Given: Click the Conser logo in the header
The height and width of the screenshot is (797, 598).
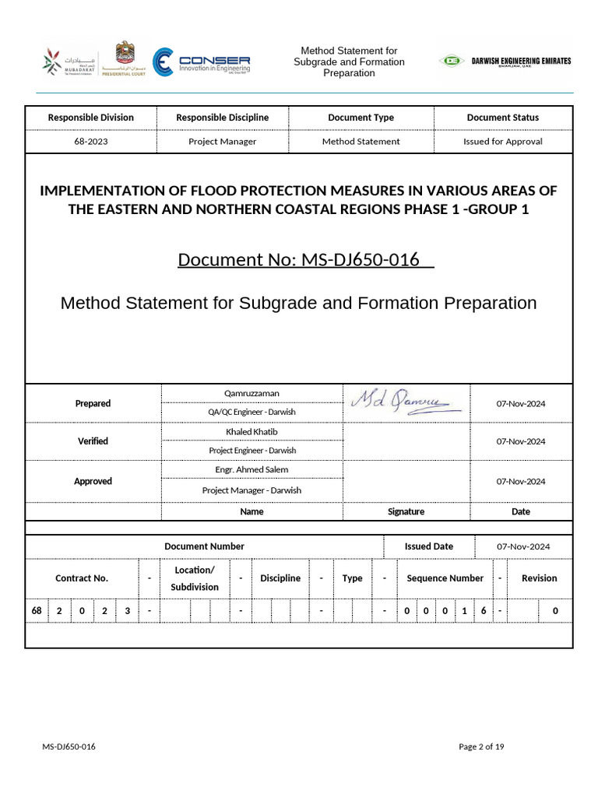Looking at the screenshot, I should pos(201,62).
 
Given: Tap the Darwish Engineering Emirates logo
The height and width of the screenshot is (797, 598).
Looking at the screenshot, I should pos(505,61).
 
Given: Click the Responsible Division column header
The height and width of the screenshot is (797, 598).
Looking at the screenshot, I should pos(91,118).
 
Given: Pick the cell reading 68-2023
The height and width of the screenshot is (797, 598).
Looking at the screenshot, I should pos(91,142).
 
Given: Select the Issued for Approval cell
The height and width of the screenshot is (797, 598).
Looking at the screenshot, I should pos(502,142).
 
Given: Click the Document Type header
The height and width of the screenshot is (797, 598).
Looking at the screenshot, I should pos(361,118).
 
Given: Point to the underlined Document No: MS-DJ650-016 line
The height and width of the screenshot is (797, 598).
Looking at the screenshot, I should pos(305,259).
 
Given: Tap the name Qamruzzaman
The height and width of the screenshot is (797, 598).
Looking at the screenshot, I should pos(252,394).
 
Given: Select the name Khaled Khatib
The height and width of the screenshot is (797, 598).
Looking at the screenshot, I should pos(252,431).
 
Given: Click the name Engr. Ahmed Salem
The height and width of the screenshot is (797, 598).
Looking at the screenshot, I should pos(252,469).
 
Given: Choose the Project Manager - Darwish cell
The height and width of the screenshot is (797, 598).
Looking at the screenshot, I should pos(252,490).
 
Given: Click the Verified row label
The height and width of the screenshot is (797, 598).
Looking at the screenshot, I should pos(93,441).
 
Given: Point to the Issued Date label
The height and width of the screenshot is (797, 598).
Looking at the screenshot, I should pos(428,546).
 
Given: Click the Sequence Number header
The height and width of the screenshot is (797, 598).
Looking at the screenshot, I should pos(445,578).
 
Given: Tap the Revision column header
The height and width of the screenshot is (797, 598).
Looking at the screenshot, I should pos(539,578).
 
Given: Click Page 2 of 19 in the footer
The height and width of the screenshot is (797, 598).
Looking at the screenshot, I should pos(481,747).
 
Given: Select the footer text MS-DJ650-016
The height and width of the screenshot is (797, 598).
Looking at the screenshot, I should pos(69,747).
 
